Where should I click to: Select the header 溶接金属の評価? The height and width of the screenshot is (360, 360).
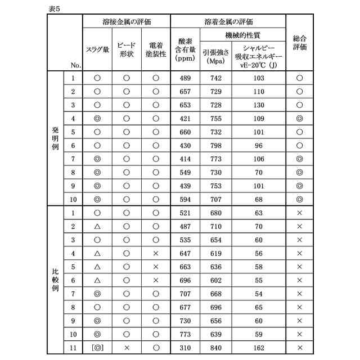[126, 22]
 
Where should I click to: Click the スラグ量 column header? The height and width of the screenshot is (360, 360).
[97, 49]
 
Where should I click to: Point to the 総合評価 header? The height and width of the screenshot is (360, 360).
[299, 43]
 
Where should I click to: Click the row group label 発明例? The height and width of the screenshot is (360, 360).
[55, 138]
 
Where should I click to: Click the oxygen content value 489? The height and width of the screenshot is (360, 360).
[185, 78]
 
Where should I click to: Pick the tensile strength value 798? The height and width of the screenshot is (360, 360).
[215, 145]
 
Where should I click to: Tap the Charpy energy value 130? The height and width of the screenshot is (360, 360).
[259, 105]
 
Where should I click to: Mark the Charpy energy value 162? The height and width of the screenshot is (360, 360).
[259, 347]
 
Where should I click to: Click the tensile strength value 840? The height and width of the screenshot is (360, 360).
[215, 347]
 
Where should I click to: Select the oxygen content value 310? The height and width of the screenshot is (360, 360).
[185, 347]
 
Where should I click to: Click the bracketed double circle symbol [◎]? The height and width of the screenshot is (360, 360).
[97, 347]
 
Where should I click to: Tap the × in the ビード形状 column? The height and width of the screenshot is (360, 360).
[127, 347]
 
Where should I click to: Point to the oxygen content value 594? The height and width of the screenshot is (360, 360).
[185, 199]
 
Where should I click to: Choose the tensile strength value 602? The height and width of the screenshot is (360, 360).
[215, 280]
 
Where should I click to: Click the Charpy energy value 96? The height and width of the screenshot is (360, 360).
[259, 145]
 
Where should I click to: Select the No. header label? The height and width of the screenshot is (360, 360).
[76, 65]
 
